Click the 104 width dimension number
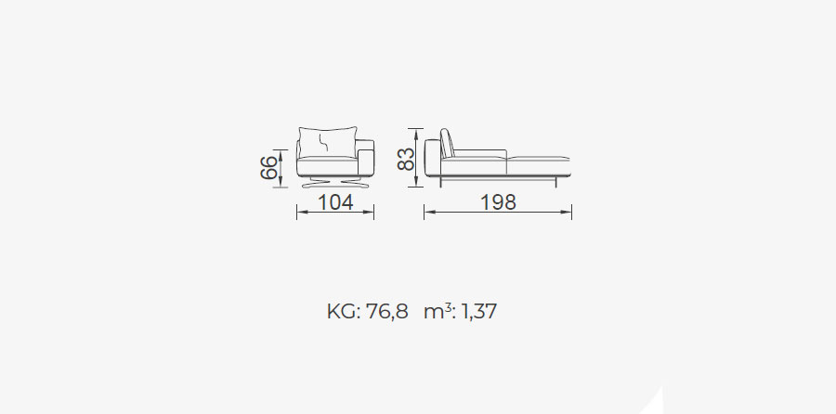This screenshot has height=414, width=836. coord(335,202)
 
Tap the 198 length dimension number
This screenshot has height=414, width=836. coord(499,202)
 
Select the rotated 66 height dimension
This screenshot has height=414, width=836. coord(269,167)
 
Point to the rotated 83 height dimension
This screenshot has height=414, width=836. coord(406,159)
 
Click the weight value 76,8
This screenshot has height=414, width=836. coord(387,312)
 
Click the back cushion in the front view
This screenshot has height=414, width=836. coord(327,142)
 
